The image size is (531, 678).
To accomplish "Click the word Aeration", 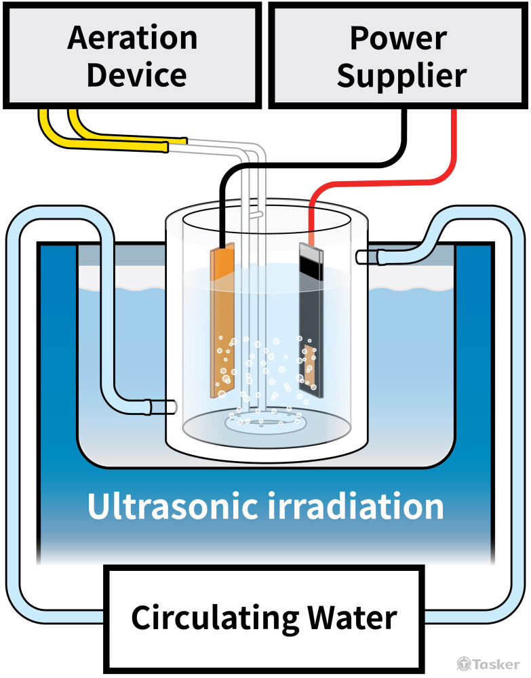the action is tap(132, 38).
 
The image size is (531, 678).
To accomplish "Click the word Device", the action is tap(136, 75).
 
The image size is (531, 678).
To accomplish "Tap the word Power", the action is tap(398, 38).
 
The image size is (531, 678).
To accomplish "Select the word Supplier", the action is tap(401, 76).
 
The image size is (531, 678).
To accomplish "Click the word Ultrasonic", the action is tap(173, 506).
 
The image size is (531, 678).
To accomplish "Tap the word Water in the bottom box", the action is tap(352, 618).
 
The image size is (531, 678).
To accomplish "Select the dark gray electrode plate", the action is tap(311, 320).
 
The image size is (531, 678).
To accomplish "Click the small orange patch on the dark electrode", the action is tap(310, 366).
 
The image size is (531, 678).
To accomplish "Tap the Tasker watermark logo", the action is tap(488, 664).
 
